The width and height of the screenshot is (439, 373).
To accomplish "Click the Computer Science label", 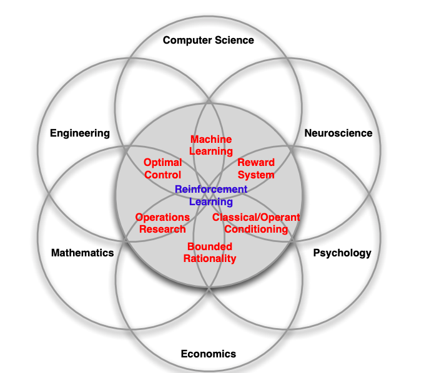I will tap(209, 41).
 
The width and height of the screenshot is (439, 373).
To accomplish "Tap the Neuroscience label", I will tap(338, 133).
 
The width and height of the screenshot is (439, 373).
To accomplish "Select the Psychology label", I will tap(342, 253).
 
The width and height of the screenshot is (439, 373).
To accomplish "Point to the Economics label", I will tap(209, 354).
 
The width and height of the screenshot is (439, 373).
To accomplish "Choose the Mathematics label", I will tap(82, 253).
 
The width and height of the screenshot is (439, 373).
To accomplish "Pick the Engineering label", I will tap(80, 133).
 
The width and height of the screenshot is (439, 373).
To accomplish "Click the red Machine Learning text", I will tap(211, 145).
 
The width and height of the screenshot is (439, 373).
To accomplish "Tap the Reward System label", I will tap(256, 169).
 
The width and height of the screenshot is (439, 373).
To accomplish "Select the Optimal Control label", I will tap(162, 169).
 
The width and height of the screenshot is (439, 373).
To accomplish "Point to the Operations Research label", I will tap(162, 223).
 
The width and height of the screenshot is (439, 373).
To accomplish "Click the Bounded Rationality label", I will tap(210, 253).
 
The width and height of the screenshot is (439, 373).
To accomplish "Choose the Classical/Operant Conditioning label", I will tap(256, 223).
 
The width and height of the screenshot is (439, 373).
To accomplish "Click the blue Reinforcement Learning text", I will tap(211, 195).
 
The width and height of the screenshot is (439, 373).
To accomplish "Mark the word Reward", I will tap(256, 163).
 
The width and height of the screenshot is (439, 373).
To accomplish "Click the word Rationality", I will tap(210, 258).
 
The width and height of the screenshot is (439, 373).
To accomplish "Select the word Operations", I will tap(162, 218).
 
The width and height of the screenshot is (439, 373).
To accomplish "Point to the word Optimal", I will tap(162, 163).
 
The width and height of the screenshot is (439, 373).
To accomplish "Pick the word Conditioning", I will tap(256, 229).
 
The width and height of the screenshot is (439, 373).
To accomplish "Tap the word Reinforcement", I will tap(211, 190).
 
